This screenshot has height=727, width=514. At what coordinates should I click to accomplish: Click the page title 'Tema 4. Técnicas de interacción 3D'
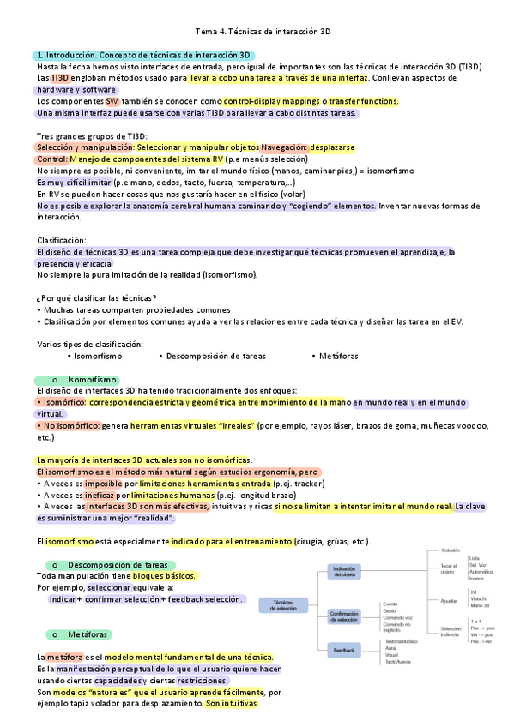[257, 32]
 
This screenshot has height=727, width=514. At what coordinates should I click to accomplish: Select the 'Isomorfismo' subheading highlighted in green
[92, 379]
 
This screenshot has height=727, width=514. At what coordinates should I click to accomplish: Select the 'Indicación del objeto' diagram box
[344, 572]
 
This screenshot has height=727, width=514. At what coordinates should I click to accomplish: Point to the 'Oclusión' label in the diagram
[451, 550]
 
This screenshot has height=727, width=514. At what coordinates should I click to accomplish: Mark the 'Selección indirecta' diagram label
[451, 633]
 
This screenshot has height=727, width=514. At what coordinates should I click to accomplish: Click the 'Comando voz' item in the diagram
[399, 618]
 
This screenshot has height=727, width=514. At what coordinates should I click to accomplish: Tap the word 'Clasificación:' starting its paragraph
[62, 241]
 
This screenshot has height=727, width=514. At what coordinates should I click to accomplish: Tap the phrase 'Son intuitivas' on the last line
[231, 704]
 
